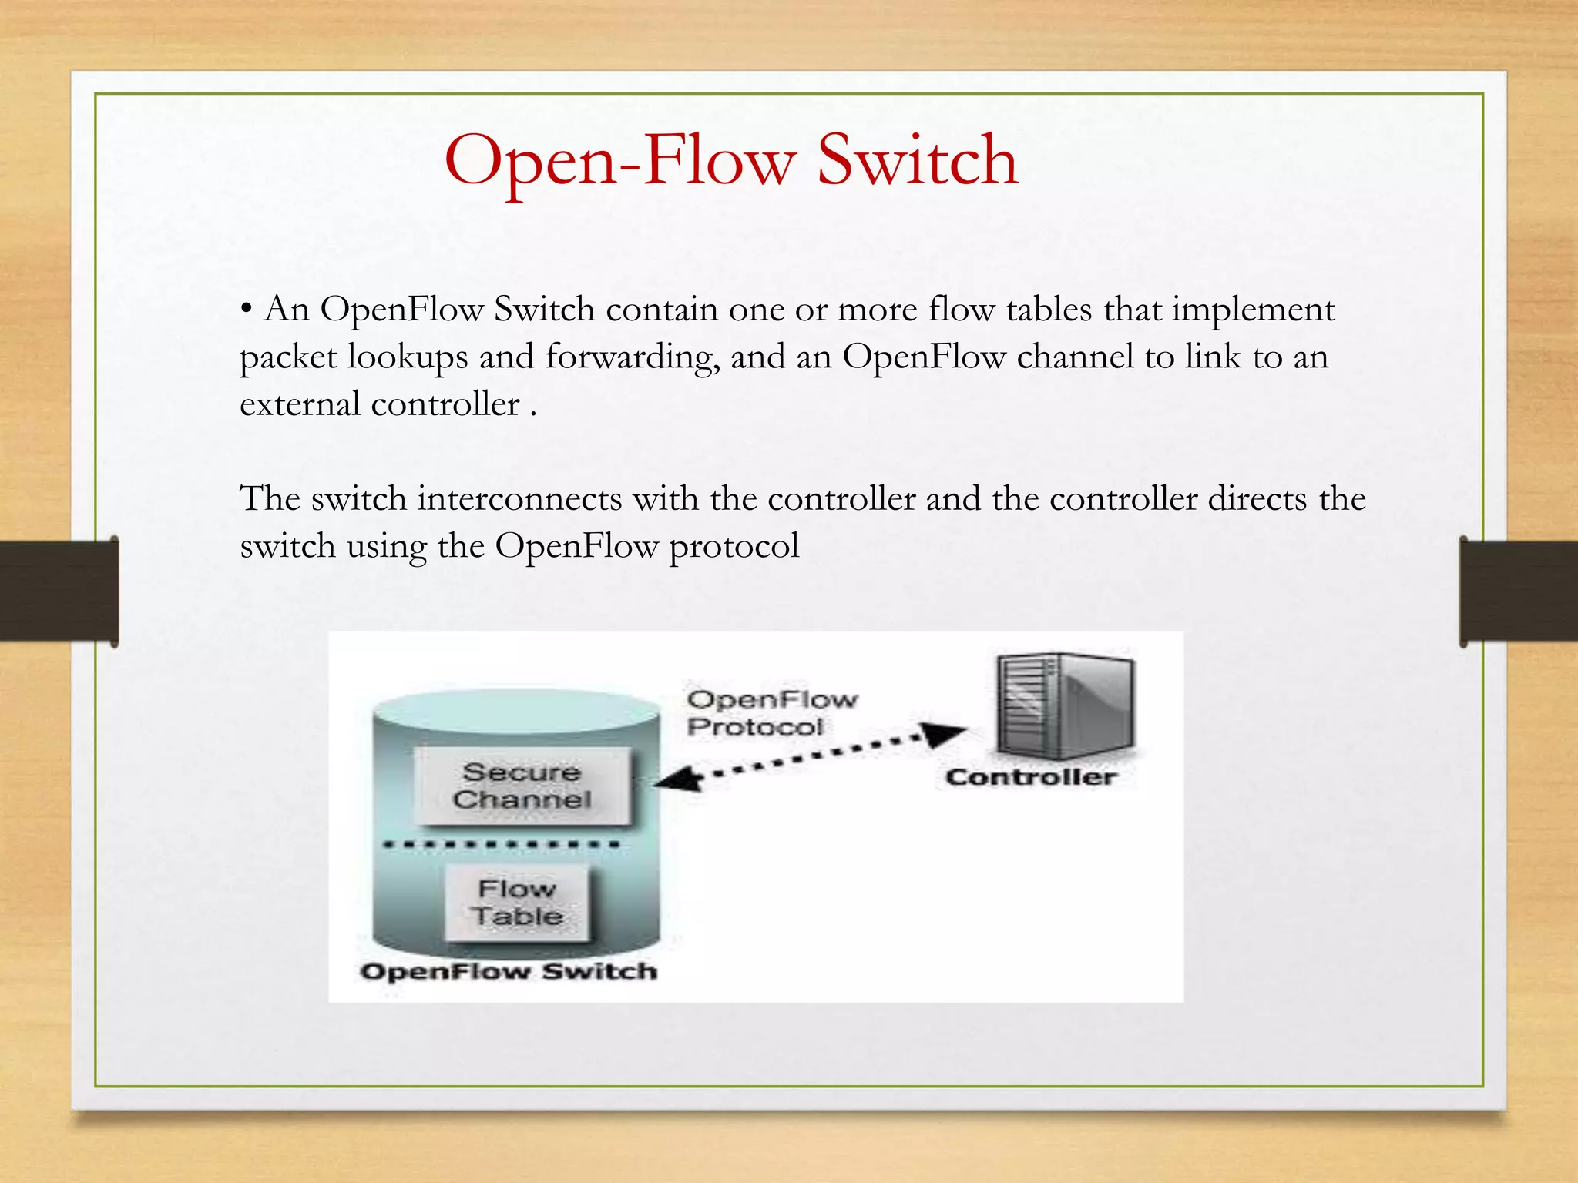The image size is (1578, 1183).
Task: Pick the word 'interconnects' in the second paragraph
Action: (519, 499)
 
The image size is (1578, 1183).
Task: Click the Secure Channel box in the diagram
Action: (522, 786)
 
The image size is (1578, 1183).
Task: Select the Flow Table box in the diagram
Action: (517, 903)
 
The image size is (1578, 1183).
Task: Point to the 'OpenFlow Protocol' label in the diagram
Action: (771, 712)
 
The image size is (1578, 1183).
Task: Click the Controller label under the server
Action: (1030, 777)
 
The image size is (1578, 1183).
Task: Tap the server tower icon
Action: (1063, 705)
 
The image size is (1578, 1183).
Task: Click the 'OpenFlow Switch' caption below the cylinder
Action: (509, 971)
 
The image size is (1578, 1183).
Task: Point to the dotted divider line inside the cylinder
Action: (502, 845)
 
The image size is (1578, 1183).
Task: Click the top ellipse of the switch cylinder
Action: (516, 710)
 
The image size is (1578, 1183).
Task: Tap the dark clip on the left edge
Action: (59, 591)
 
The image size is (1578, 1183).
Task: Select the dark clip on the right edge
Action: (1518, 591)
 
